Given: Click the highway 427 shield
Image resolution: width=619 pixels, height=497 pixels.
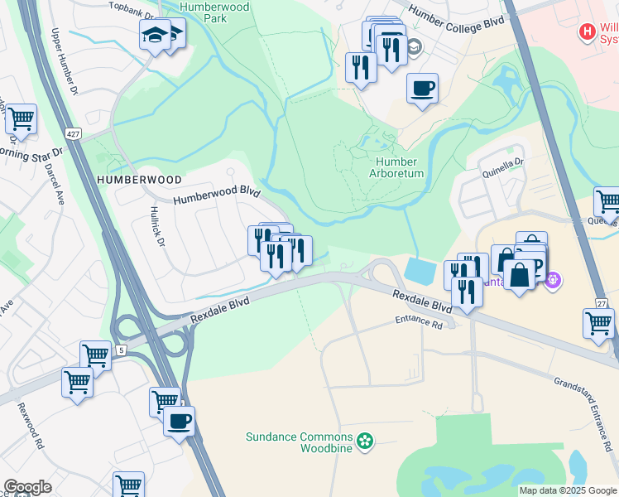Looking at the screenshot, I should [x=74, y=133].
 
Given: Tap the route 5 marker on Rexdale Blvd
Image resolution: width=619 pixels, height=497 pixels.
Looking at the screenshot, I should [x=121, y=350].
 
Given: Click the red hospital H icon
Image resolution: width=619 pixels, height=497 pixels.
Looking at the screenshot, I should [x=588, y=31].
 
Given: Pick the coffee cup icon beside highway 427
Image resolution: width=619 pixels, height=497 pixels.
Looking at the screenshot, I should [x=179, y=421].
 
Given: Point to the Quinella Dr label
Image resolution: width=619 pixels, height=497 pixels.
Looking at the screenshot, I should [x=502, y=171].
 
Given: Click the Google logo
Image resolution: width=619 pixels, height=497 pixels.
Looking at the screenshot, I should [x=28, y=487].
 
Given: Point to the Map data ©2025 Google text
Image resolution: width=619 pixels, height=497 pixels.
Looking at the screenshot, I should [x=567, y=490].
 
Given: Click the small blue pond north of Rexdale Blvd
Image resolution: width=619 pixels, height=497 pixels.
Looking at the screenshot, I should [x=420, y=271].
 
